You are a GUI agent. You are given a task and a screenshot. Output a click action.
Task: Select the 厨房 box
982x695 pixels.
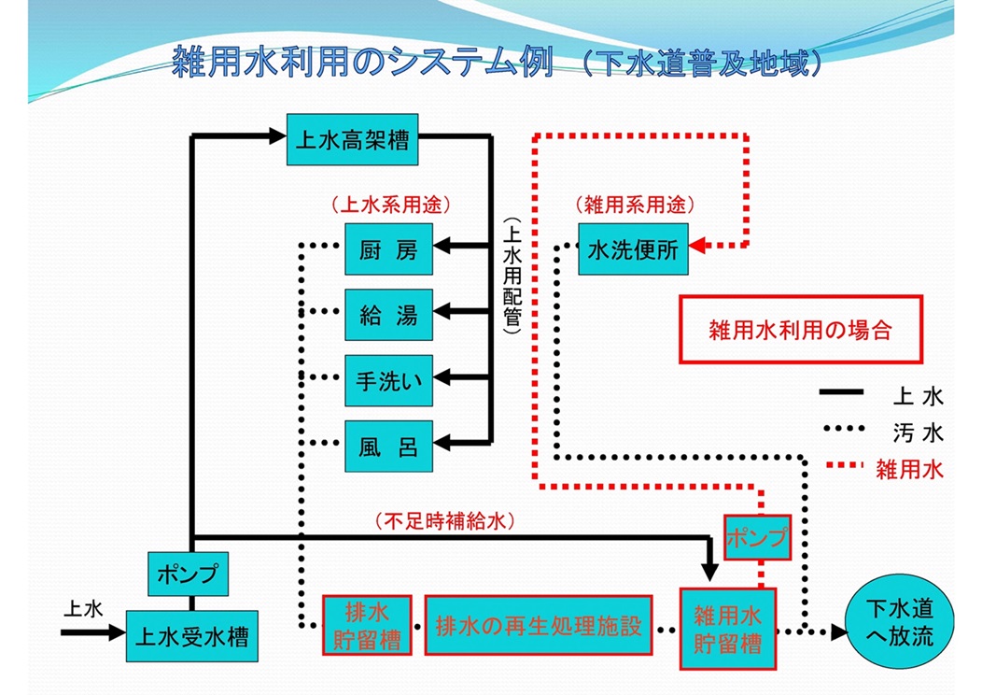388,249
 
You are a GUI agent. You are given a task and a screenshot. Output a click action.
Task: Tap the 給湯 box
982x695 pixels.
388,315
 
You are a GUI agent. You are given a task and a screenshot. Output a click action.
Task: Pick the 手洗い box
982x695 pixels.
388,380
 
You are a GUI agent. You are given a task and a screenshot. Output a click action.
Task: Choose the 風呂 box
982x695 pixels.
388,446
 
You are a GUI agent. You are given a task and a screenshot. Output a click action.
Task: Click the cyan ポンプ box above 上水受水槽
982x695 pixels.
189,573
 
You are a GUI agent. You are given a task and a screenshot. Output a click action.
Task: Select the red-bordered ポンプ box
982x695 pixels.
756,537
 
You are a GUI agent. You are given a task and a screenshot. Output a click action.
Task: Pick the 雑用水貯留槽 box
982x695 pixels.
727,629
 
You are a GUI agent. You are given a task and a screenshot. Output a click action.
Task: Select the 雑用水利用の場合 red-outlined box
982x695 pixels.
800,330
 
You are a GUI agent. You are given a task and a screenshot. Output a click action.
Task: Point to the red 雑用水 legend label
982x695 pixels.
909,469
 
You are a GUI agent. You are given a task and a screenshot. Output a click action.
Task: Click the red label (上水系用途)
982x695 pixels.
391,205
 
